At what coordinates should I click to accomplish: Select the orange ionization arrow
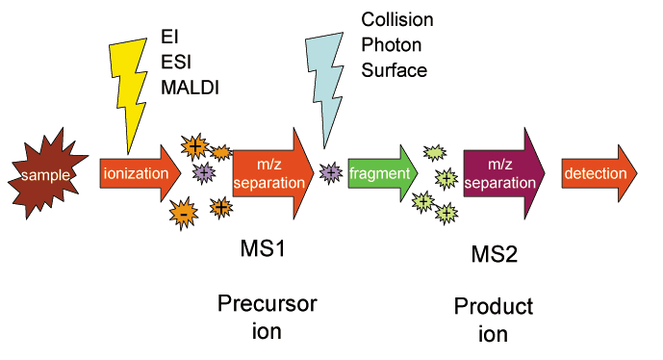pos(140,174)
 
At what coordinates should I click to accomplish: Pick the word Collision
pos(396,19)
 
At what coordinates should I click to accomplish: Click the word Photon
pos(390,44)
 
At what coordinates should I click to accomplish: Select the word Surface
pos(394,70)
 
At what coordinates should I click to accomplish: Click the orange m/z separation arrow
pos(273,173)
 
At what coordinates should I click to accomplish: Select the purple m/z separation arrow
pos(503,173)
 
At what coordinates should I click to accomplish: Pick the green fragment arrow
pos(385,173)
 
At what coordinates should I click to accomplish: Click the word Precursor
pos(266,305)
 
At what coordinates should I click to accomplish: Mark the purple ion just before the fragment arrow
pos(330,173)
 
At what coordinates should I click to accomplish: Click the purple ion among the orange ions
pos(203,172)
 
